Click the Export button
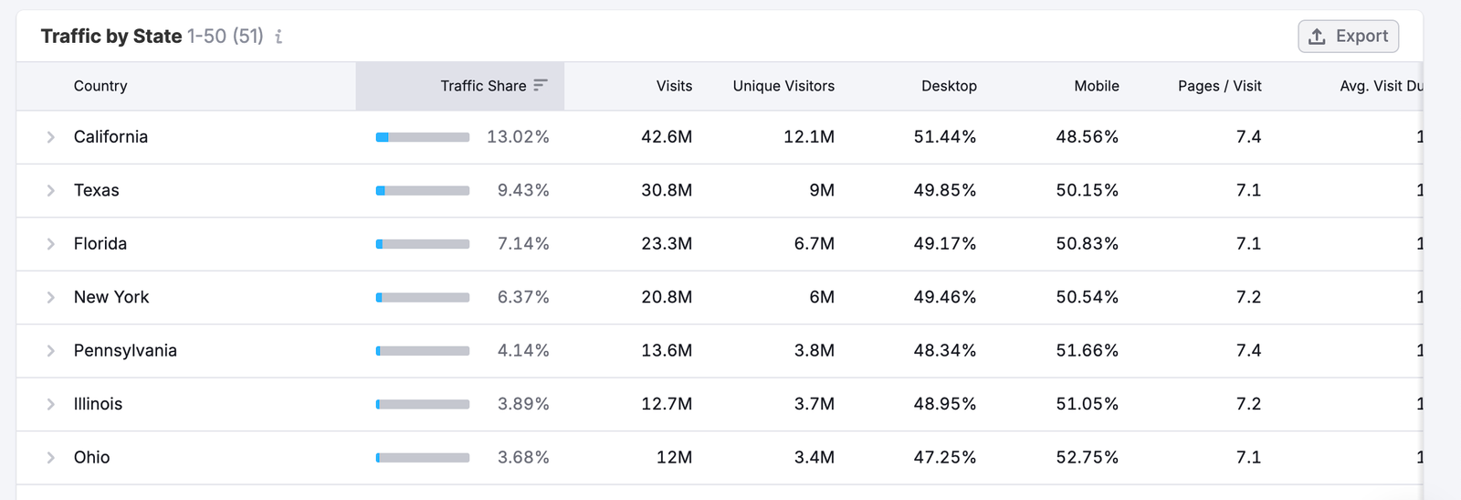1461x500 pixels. pos(1348,37)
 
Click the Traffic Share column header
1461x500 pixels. pos(483,86)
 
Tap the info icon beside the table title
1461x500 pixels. pos(279,37)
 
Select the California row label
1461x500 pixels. pos(110,137)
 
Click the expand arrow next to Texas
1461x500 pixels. pos(51,190)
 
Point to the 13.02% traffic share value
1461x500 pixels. pos(518,137)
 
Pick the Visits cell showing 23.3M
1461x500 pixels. pos(667,244)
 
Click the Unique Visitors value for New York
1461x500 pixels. pos(821,297)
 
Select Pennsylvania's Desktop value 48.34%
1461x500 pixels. pos(944,351)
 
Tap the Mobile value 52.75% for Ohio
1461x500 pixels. pos(1087,458)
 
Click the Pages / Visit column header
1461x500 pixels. pos(1219,86)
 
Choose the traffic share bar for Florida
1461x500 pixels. pos(423,244)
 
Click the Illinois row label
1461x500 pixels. pos(98,404)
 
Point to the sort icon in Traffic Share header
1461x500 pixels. pos(541,85)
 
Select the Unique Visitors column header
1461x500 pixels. pos(783,86)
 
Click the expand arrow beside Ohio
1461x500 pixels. pos(51,458)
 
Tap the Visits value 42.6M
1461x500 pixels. pos(667,137)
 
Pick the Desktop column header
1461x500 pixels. pos(949,86)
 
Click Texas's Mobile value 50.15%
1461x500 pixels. pos(1087,190)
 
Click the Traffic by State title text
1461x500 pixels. pos(111,37)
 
